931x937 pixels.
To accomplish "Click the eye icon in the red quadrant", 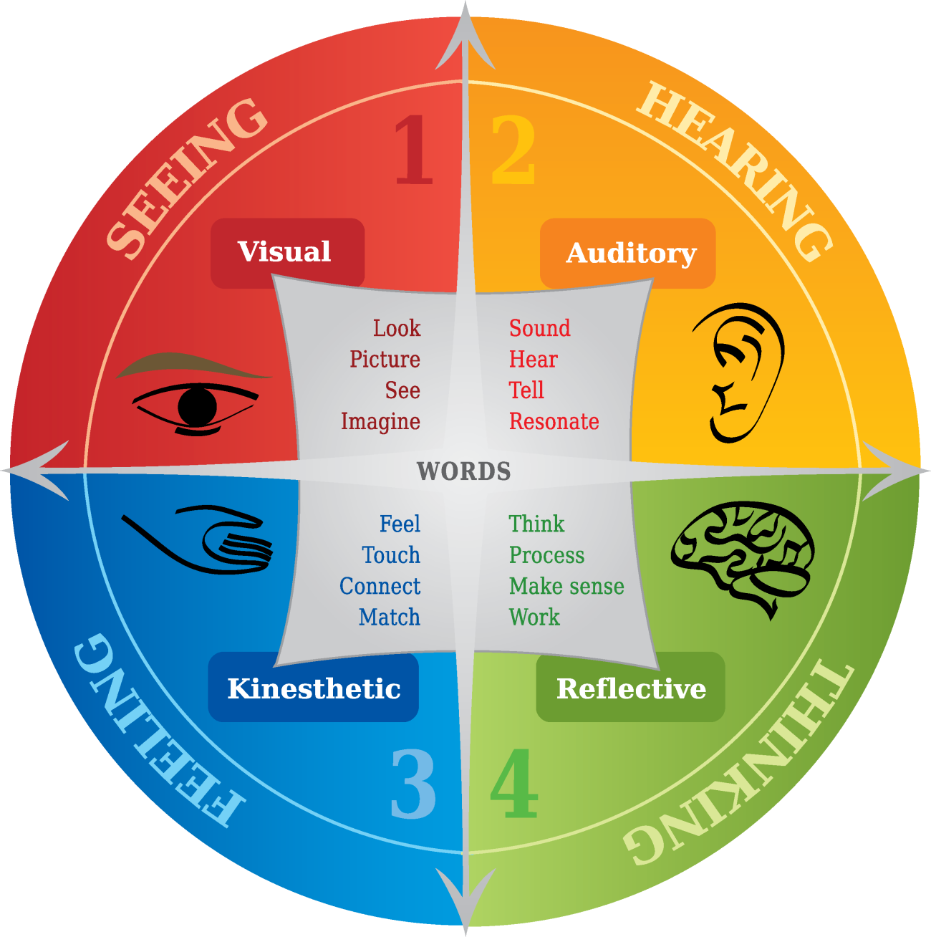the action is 195,394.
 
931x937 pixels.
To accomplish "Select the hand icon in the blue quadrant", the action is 196,539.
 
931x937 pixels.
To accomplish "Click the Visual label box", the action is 287,253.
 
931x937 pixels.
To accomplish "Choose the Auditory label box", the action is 627,254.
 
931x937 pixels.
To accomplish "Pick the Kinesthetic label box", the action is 313,687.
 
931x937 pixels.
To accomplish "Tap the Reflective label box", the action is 630,687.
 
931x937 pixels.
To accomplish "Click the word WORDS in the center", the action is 464,471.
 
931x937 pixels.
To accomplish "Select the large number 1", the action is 414,150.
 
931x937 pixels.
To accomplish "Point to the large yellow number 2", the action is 513,150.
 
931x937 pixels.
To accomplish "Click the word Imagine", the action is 381,422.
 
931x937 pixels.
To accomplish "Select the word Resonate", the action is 554,421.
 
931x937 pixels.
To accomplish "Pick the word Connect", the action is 380,586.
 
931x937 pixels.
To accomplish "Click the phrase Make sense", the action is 567,586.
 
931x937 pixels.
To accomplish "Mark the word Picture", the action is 385,359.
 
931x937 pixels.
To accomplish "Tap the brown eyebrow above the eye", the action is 193,364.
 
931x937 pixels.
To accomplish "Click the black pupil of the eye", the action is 197,406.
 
